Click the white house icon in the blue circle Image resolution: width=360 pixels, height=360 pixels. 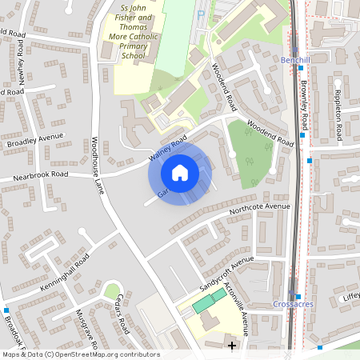click(x=180, y=172)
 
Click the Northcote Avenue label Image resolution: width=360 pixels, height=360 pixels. click(x=258, y=210)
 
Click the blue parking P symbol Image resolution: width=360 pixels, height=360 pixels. click(x=201, y=14)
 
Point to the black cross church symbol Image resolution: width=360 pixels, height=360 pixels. click(x=233, y=346)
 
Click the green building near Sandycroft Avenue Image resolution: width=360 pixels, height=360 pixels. click(x=209, y=302)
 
